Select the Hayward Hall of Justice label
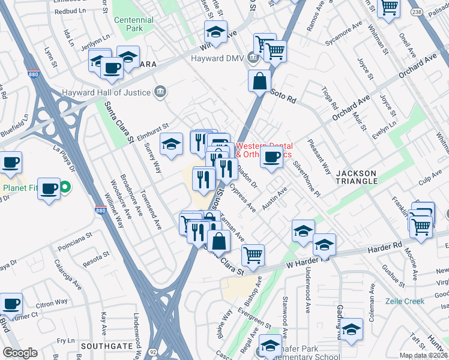pos(108,92)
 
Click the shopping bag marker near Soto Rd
pos(259,81)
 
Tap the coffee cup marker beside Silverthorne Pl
pos(271,158)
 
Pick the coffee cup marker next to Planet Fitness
pos(49,188)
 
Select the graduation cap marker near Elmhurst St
pos(171,144)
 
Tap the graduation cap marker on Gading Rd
pos(352,329)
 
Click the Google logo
pos(20,352)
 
